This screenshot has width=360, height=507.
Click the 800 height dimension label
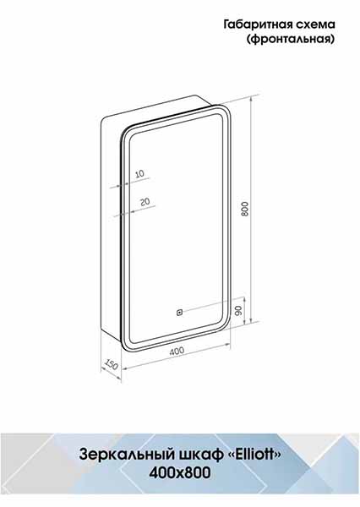pos(245,209)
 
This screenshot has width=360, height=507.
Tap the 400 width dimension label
pos(177,351)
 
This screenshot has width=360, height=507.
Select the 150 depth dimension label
pos(111,364)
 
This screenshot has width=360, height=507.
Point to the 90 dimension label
pos(238,311)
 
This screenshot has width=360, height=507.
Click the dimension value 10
pos(139,174)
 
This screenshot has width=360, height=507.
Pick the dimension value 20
pos(145,201)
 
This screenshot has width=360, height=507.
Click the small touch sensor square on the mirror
pos(179,313)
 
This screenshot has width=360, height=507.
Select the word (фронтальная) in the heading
pos(291,40)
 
